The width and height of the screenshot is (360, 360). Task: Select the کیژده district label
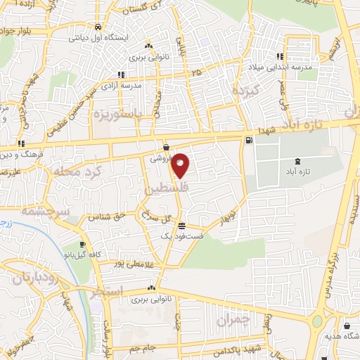coord(246,91)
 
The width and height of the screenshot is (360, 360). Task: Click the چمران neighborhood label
coord(233,319)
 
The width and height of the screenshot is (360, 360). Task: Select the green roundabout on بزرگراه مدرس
coord(317,322)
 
